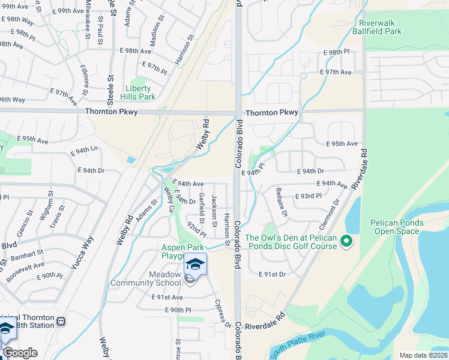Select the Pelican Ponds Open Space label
(x=397, y=227)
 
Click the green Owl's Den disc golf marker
(x=346, y=241)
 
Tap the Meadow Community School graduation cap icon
(x=195, y=263)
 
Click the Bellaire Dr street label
(x=282, y=205)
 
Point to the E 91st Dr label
(x=272, y=274)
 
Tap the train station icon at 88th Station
(x=61, y=321)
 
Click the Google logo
(x=20, y=353)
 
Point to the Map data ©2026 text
(x=423, y=355)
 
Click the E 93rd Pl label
(x=309, y=196)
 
